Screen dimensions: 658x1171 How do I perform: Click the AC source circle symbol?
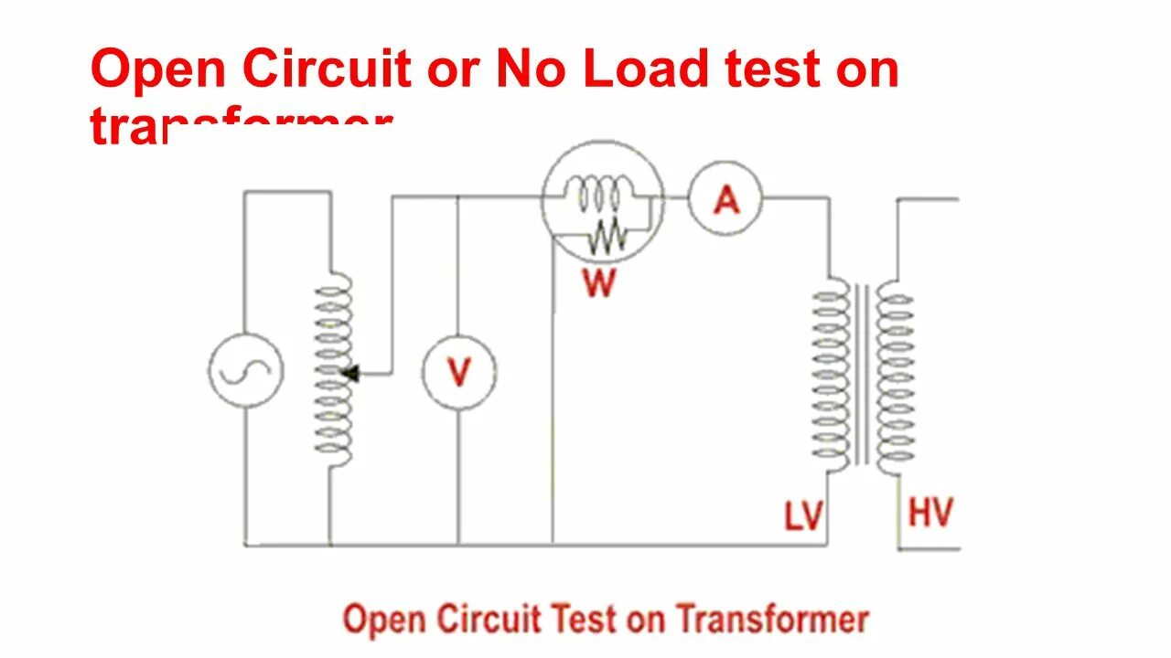point(245,370)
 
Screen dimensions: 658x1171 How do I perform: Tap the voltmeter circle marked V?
point(458,372)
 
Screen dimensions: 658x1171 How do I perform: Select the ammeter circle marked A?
point(725,198)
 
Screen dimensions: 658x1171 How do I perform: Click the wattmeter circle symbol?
point(601,201)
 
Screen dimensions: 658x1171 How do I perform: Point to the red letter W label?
point(599,283)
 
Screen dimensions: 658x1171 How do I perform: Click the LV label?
point(803,516)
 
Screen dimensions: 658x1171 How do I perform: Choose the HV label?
point(930,513)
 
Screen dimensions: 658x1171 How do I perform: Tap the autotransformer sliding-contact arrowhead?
point(351,373)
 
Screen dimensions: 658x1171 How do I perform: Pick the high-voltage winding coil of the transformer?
point(895,377)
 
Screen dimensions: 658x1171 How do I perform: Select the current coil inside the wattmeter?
point(596,195)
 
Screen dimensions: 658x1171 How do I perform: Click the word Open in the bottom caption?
point(383,620)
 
